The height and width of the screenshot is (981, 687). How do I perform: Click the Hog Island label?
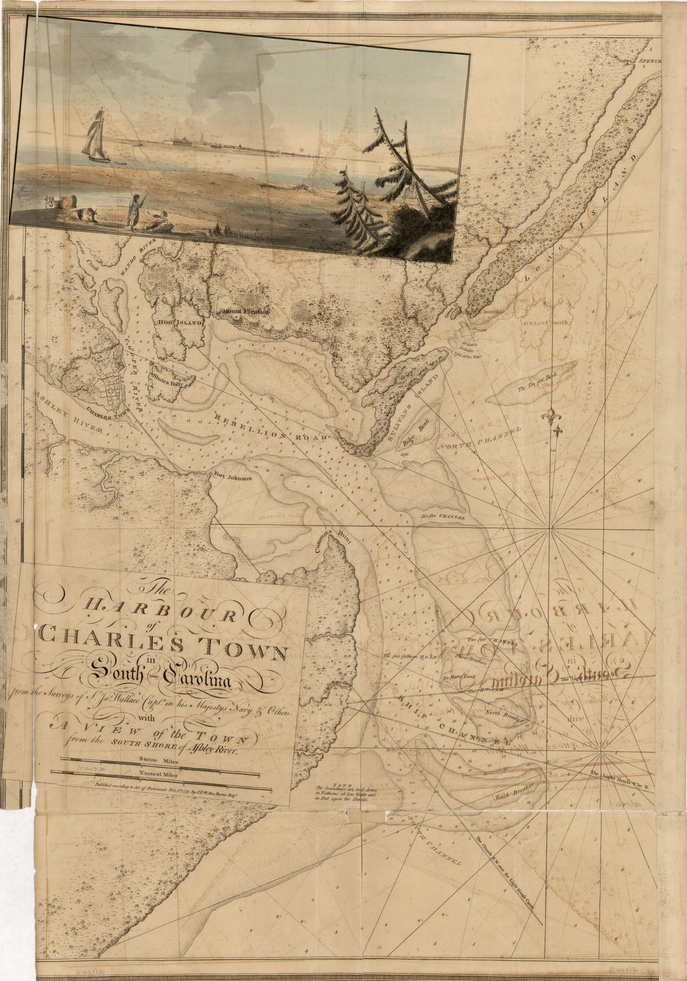[180, 322]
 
